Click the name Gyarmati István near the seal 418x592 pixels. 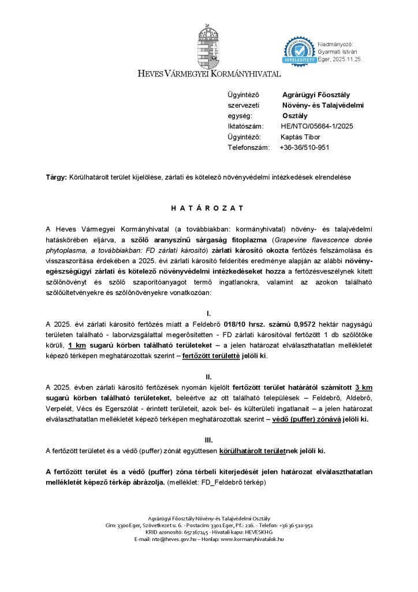click(341, 52)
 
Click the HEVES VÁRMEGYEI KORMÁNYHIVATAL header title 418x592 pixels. click(209, 74)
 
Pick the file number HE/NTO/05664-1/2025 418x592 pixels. click(317, 126)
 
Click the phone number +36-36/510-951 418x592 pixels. click(304, 147)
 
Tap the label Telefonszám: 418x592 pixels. click(249, 147)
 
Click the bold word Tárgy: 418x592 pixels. click(57, 176)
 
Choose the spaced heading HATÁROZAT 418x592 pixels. click(208, 208)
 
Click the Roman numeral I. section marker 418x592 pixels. click(208, 313)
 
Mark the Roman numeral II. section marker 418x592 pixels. click(208, 376)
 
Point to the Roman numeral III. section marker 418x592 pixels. click(208, 440)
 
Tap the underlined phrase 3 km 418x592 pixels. click(363, 387)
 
